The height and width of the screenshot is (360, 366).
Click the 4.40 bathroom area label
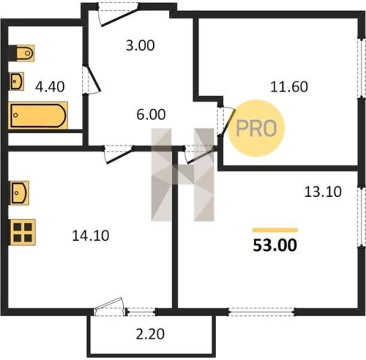[50, 86]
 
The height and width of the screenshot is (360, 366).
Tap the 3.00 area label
[140, 45]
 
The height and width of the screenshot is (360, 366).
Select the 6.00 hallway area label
[151, 115]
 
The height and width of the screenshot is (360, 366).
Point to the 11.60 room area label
[289, 87]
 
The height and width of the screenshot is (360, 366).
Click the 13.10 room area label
[323, 192]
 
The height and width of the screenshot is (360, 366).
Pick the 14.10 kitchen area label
[91, 235]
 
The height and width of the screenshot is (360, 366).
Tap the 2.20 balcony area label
[150, 335]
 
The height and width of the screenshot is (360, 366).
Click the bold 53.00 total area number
[275, 245]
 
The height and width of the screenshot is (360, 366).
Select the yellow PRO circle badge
[256, 128]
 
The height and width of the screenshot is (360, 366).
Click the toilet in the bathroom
[22, 53]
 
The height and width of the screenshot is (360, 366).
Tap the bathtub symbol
[38, 115]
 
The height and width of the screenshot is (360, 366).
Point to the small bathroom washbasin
[17, 82]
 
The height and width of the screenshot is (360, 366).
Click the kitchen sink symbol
[19, 193]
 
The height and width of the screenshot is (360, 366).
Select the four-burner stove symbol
[22, 232]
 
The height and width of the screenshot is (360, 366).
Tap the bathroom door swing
[91, 79]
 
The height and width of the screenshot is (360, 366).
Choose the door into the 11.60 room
[226, 121]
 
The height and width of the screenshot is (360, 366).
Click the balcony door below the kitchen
[111, 307]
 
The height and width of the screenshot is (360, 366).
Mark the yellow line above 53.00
[275, 230]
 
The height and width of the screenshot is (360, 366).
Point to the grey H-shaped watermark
[182, 175]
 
